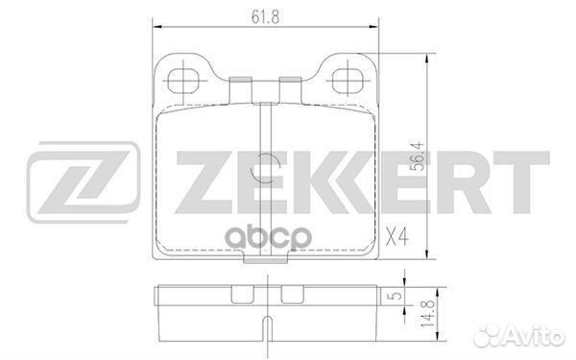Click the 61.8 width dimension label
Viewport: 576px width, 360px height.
point(260,15)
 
